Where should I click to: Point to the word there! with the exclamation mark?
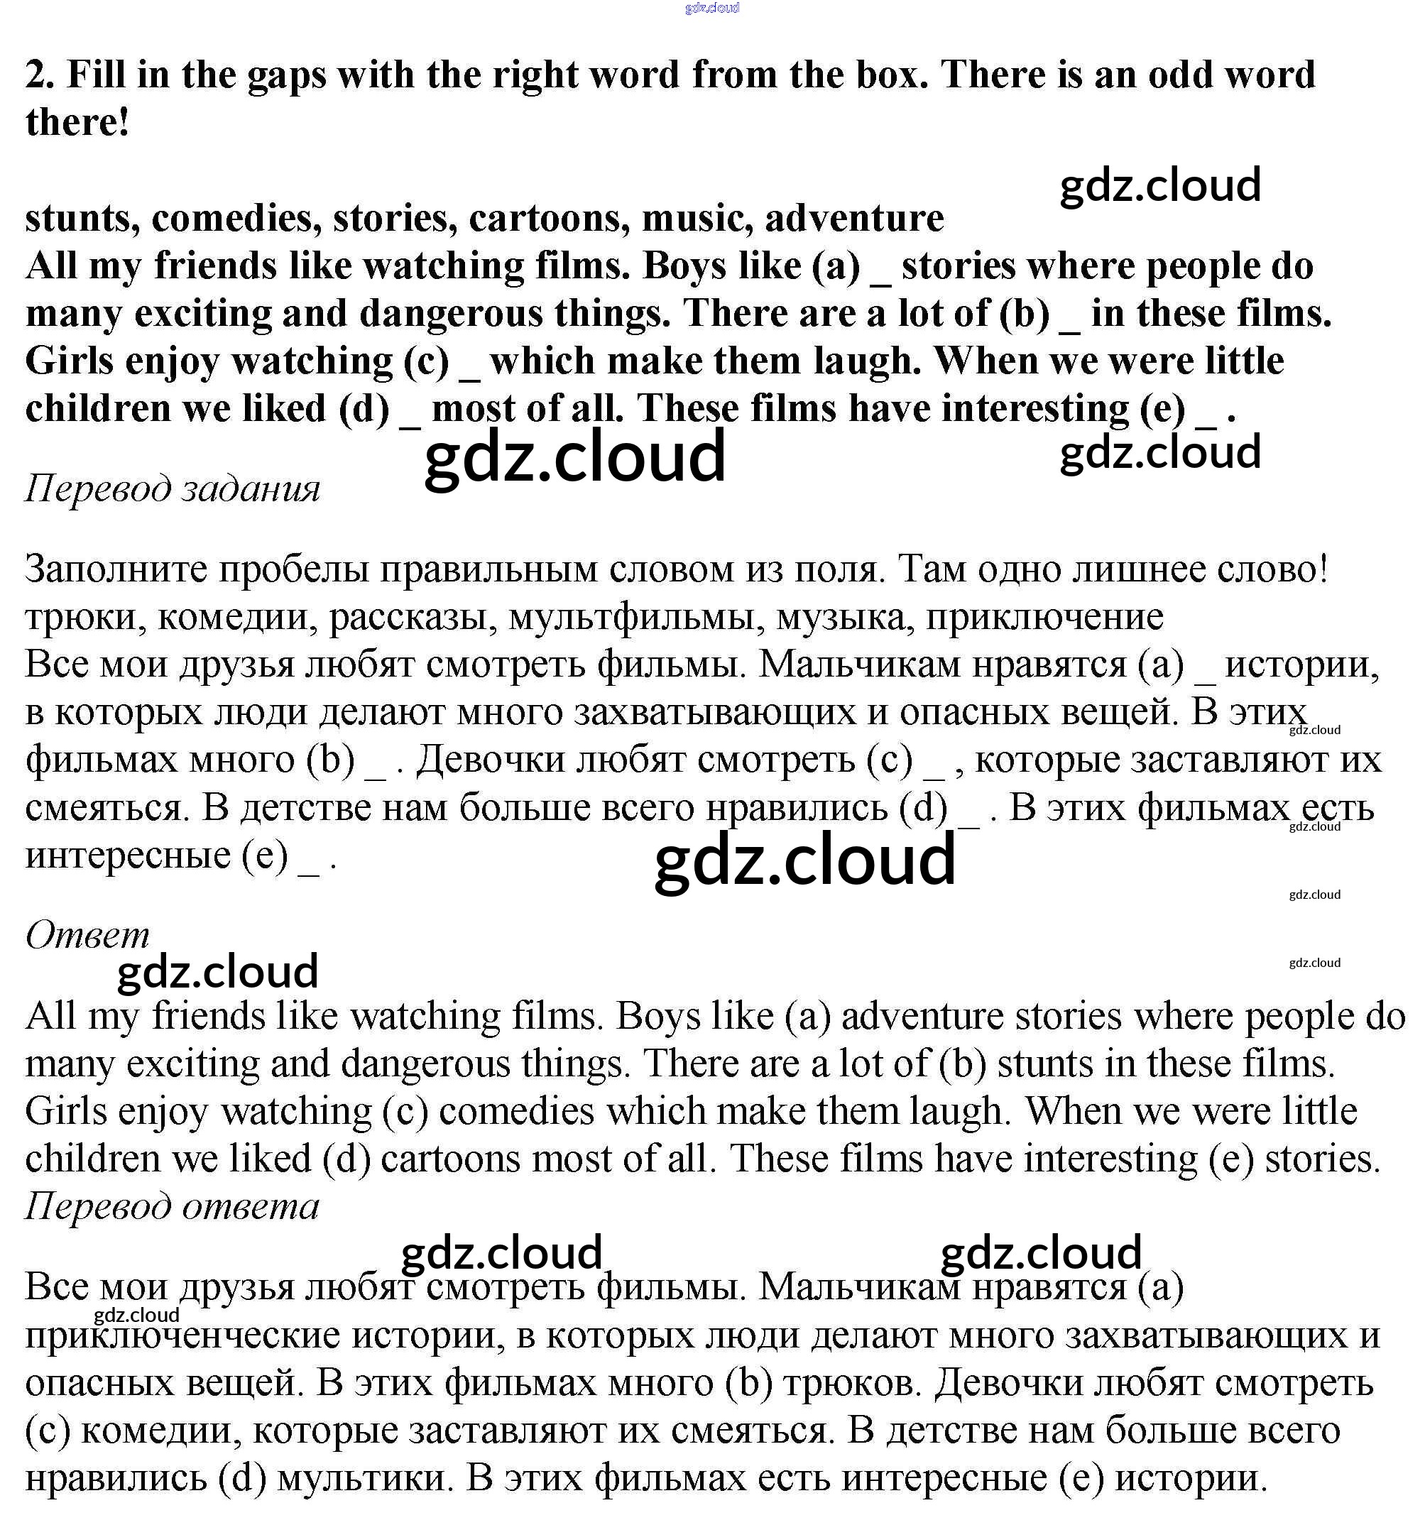tap(77, 123)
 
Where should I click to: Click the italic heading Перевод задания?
tap(173, 488)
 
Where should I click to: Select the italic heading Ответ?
tap(87, 934)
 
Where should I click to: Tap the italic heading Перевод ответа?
tap(172, 1206)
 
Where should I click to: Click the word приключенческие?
tap(182, 1335)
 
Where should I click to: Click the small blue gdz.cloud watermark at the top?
tap(711, 9)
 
